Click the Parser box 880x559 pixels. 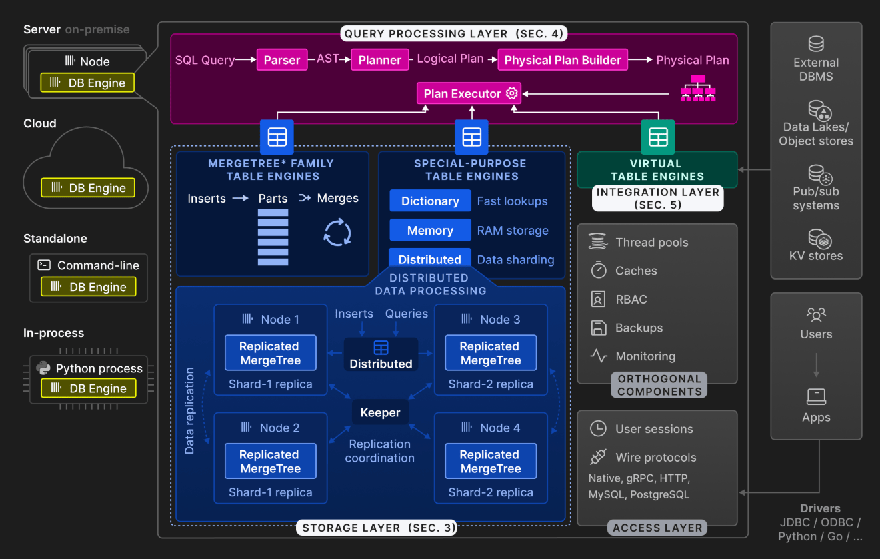coord(282,60)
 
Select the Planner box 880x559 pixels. coord(379,60)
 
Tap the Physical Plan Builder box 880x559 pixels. coord(562,60)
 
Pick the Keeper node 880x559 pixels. coord(380,413)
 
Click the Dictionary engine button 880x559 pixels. coord(429,201)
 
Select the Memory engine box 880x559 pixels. coord(429,231)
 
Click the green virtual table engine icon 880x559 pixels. coord(657,137)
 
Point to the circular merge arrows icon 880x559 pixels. coord(337,233)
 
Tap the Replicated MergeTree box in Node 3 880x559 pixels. coord(490,353)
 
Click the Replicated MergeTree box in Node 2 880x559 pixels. coord(270,462)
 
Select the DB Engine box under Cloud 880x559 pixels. coord(88,188)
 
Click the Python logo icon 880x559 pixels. coord(43,368)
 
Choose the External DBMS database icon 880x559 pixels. coord(816,44)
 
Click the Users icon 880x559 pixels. coord(816,314)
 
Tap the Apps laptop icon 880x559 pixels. coord(816,397)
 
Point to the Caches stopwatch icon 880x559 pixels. coord(599,270)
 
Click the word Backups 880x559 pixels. coord(639,328)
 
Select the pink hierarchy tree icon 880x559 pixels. coord(697,89)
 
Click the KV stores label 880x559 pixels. coord(816,256)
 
